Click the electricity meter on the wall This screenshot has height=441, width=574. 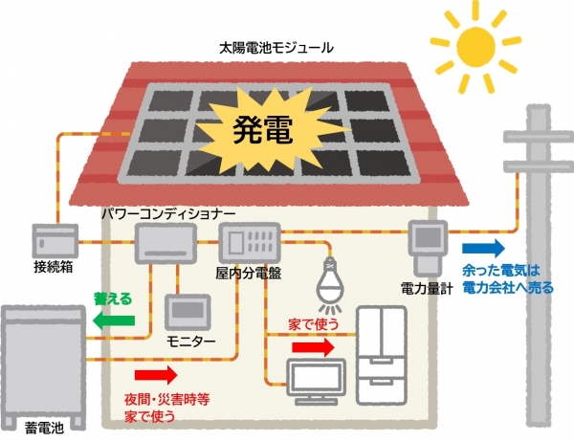tap(428, 243)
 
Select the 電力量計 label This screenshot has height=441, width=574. tap(427, 287)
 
